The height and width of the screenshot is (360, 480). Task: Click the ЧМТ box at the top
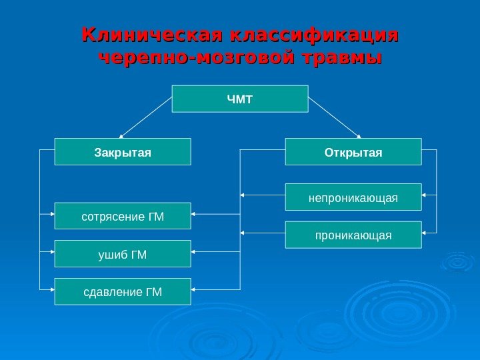click(x=240, y=99)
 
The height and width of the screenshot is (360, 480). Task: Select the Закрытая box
click(x=122, y=152)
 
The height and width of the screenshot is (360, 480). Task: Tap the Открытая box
click(x=353, y=152)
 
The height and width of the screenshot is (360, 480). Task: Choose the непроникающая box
click(x=353, y=197)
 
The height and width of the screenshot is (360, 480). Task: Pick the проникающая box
click(x=353, y=235)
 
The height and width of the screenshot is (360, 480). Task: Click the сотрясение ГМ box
click(x=122, y=216)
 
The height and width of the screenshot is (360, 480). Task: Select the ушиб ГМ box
click(x=122, y=254)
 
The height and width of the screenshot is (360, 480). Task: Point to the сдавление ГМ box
click(x=122, y=291)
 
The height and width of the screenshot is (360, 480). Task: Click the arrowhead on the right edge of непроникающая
click(x=425, y=195)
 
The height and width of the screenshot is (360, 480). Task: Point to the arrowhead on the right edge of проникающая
click(x=425, y=233)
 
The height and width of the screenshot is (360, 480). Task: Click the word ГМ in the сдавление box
click(x=153, y=291)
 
